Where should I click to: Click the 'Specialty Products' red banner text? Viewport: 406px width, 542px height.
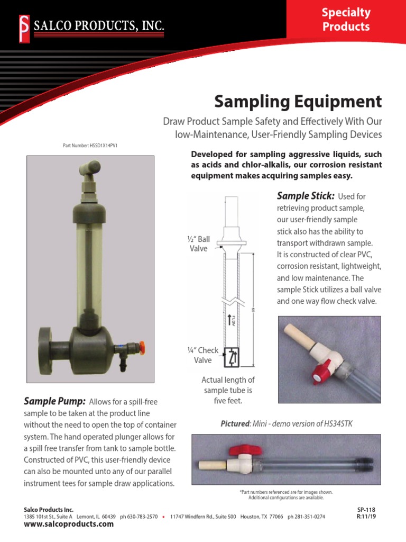coord(346,19)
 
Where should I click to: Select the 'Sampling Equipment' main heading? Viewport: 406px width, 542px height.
coord(298,101)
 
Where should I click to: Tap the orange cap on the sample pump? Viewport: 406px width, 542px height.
coord(141,348)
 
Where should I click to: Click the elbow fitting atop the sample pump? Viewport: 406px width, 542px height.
coord(86,170)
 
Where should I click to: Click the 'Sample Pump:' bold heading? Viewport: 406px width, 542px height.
coord(56,401)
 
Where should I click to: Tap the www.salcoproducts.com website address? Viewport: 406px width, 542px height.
coord(69,524)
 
